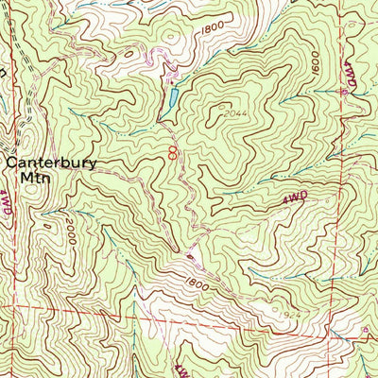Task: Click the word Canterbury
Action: tap(52, 162)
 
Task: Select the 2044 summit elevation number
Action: tap(236, 113)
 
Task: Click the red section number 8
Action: tap(172, 151)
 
